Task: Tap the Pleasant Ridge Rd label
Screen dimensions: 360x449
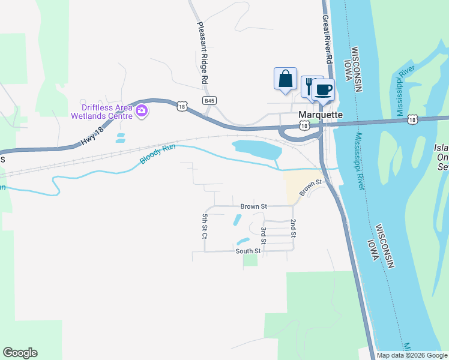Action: point(203,53)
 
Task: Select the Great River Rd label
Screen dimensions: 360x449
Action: point(327,40)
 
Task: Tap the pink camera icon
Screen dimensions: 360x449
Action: point(142,110)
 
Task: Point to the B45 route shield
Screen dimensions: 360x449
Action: point(209,101)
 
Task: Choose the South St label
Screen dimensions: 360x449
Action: point(249,251)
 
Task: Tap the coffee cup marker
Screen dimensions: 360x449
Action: point(323,90)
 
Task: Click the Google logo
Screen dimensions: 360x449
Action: point(20,353)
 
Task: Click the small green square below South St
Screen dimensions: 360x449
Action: point(250,260)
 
